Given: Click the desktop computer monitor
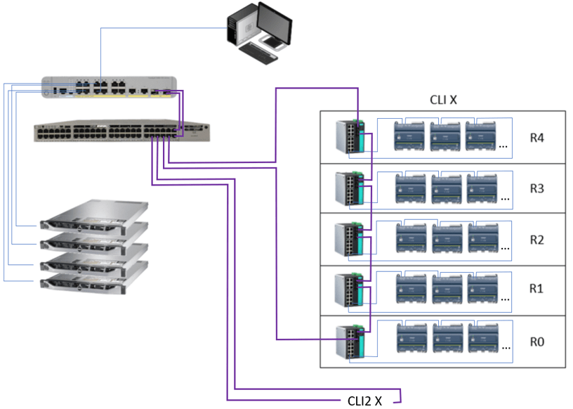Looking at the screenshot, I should coord(274,25).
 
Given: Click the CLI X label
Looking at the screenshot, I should coord(443,100).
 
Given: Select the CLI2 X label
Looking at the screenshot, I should coord(364,401).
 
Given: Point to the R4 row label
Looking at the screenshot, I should coord(537,137).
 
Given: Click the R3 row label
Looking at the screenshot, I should coord(537,188).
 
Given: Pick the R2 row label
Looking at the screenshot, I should coord(537,240).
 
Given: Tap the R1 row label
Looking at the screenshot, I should coord(537,289).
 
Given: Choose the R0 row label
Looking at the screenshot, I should coord(537,342).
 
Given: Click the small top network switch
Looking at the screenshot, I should coord(105,88).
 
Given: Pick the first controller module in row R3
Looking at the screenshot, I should coord(413,188).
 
